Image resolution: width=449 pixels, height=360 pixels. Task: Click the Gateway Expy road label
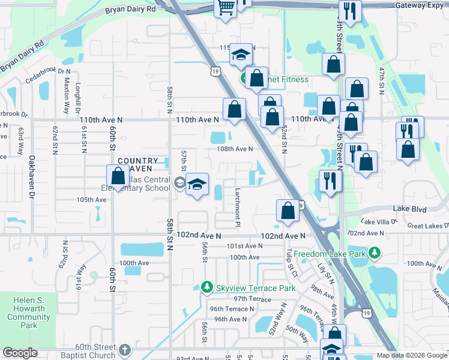(x=420, y=5)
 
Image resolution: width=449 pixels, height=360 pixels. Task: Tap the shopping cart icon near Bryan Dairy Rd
(x=226, y=8)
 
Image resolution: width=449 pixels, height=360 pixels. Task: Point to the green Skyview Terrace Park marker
(x=207, y=288)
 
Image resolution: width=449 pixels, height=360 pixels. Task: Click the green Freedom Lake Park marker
(x=375, y=253)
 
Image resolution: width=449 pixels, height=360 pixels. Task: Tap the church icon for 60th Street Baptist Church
(x=124, y=349)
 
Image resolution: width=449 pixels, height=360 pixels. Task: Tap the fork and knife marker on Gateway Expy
(x=349, y=11)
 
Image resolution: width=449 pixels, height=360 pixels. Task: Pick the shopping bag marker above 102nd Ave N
(x=288, y=210)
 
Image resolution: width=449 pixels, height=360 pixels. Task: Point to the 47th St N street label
(x=381, y=80)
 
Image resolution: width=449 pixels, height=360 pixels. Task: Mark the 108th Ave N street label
(x=235, y=149)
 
